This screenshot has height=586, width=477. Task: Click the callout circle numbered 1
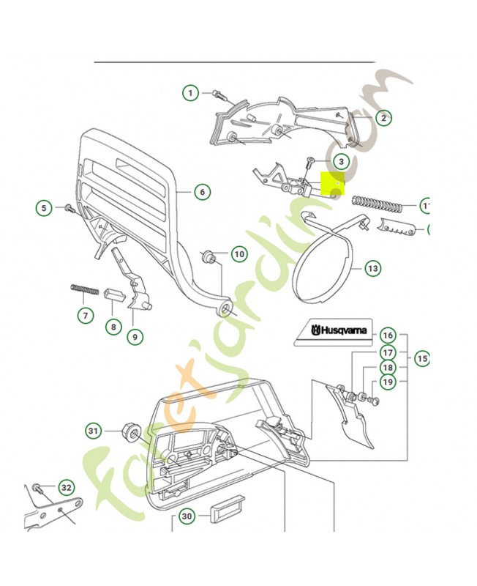click(190, 93)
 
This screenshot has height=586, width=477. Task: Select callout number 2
click(383, 117)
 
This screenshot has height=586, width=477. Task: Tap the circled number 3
click(340, 160)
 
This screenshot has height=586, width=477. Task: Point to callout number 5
click(44, 208)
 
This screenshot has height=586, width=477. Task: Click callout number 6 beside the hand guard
click(202, 192)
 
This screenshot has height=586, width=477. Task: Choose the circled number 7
click(86, 316)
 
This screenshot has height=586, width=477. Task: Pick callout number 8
click(112, 327)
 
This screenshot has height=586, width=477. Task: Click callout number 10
click(239, 254)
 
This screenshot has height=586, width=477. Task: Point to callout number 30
click(187, 516)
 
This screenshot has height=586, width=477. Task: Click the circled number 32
click(67, 487)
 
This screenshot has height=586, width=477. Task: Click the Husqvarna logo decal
click(334, 331)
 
